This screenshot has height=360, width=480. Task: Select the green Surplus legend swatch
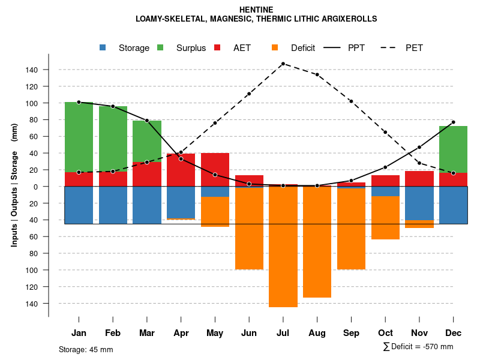coord(160,47)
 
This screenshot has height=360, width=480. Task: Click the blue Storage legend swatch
coord(103,47)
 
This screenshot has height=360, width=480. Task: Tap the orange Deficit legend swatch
coord(275,47)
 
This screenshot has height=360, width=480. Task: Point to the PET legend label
coord(414,48)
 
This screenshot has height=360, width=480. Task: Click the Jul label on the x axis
coord(283,333)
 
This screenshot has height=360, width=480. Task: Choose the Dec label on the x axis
coord(454,333)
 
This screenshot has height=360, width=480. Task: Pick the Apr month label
coord(181,333)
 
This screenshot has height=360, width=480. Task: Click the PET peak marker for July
coord(283,64)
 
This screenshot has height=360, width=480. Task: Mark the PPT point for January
coord(79,102)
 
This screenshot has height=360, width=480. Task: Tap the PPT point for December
coord(454,122)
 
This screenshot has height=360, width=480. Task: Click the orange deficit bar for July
coord(283,246)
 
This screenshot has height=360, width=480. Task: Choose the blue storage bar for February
coord(113,205)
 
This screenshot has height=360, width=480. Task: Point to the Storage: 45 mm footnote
coord(86,349)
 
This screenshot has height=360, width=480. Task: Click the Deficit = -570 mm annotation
coord(418,347)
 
